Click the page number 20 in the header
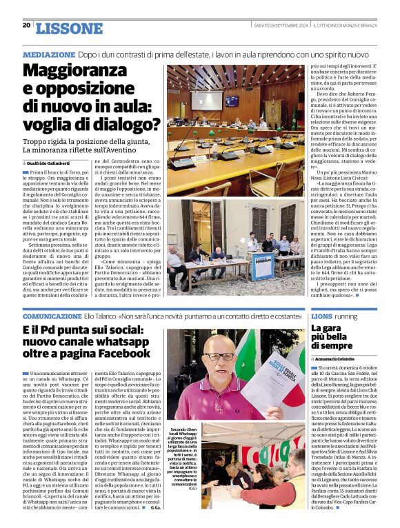26,25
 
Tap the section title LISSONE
68,28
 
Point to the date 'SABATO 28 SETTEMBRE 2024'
279,26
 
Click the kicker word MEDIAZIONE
49,54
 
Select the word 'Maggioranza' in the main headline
80,71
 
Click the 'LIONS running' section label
332,315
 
